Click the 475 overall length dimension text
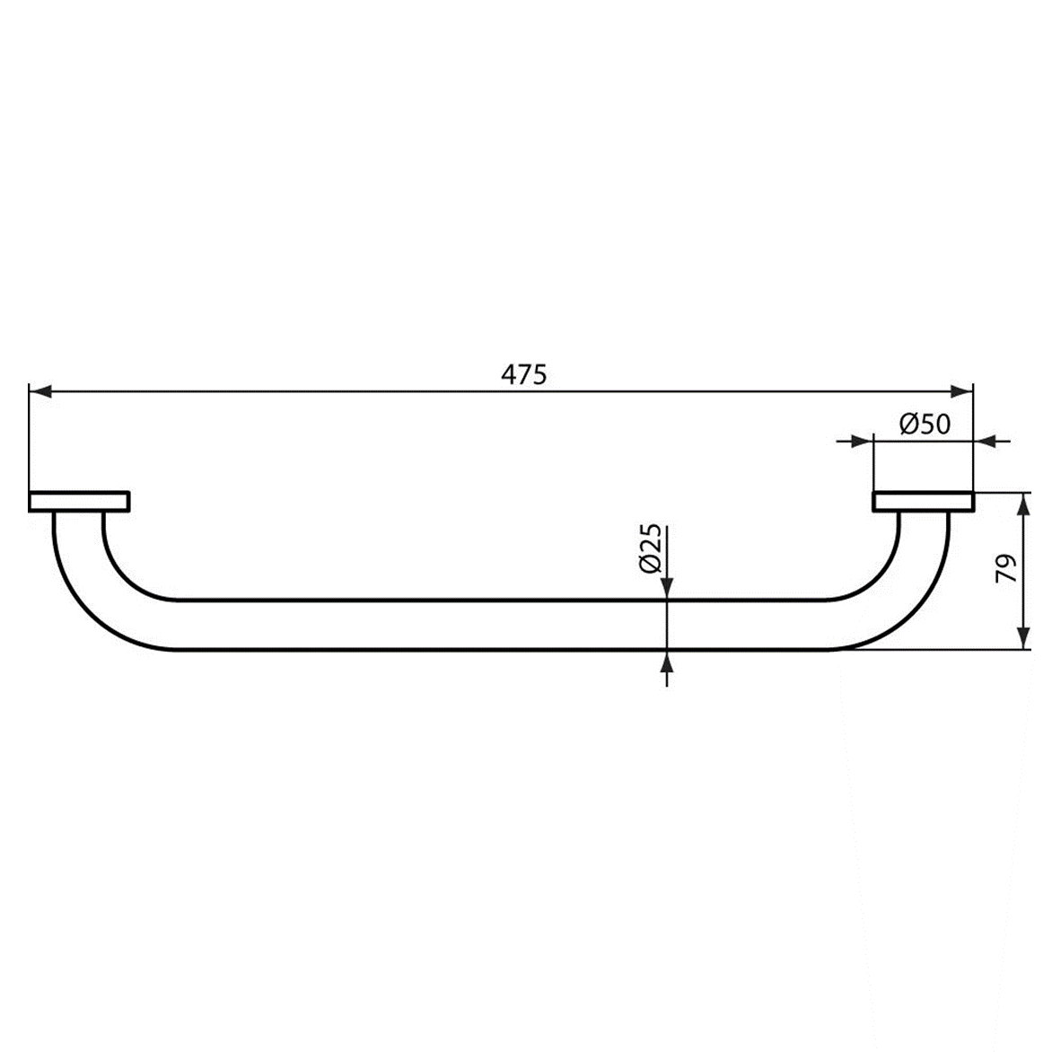tap(523, 374)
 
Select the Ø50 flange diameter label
tap(924, 424)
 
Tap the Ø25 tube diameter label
tap(652, 549)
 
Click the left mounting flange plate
tap(79, 501)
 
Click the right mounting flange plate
tap(922, 501)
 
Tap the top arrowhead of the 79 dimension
tap(1023, 504)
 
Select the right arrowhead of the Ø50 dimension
tap(985, 440)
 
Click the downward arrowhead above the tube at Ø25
tap(667, 588)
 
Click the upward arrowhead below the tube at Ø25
tap(667, 662)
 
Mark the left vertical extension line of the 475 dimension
tap(29, 440)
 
